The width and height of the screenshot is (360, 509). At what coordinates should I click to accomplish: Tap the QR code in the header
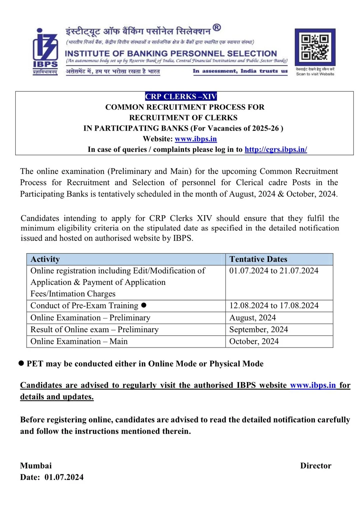[x=315, y=47]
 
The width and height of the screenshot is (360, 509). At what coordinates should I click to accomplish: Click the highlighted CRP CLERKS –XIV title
[x=181, y=97]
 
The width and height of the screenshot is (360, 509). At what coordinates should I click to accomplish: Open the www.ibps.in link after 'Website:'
[x=196, y=139]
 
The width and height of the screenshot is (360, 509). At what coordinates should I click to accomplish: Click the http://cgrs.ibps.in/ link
[x=276, y=150]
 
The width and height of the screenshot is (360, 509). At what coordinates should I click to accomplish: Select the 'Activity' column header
[x=45, y=259]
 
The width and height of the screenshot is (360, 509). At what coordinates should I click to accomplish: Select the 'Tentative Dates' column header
[x=258, y=259]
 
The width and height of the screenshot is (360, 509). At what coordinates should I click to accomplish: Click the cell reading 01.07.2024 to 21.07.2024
[x=274, y=271]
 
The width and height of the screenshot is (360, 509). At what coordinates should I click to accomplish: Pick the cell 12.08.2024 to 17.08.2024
[x=274, y=305]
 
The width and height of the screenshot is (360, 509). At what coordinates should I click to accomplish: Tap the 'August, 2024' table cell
[x=253, y=318]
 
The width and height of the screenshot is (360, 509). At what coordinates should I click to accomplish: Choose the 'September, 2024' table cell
[x=259, y=329]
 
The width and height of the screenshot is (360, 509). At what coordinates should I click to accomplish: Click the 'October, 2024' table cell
[x=254, y=341]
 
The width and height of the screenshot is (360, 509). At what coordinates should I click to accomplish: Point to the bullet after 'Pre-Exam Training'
[x=144, y=305]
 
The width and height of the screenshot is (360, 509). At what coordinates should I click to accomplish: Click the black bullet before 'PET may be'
[x=21, y=363]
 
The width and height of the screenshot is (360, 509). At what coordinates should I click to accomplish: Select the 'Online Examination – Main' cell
[x=79, y=341]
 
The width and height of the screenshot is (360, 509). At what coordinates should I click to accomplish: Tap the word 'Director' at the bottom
[x=316, y=466]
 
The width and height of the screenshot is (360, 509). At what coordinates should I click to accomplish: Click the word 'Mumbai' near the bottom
[x=36, y=466]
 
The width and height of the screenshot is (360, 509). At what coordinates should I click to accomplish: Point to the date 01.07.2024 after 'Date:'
[x=64, y=477]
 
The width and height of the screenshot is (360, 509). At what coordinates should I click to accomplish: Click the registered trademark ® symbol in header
[x=217, y=28]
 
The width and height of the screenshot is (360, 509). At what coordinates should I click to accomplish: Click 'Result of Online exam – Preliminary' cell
[x=94, y=329]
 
